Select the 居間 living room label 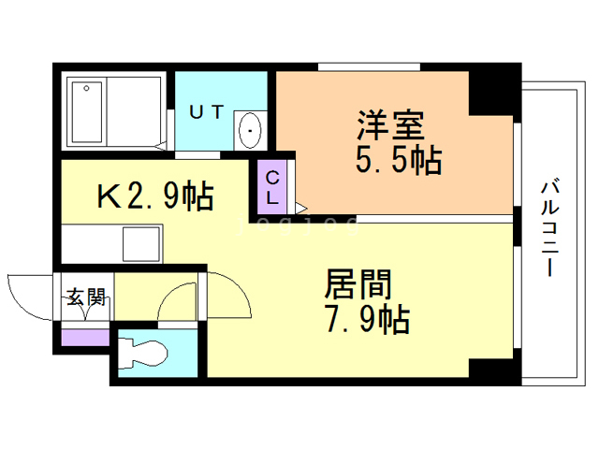[x=358, y=284]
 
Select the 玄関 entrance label [x=85, y=298]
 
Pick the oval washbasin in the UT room [x=251, y=130]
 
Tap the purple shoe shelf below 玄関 [x=85, y=335]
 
